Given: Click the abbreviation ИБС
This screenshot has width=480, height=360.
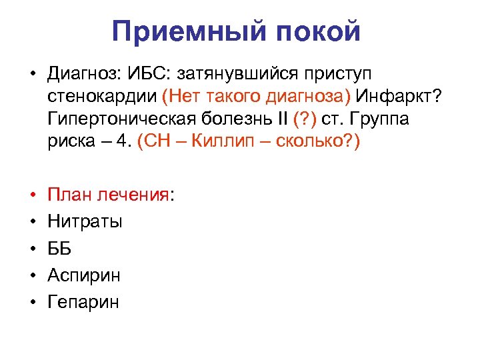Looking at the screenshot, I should (151, 72).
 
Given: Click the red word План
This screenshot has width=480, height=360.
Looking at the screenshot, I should (67, 195).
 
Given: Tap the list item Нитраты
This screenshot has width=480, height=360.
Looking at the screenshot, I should (85, 221).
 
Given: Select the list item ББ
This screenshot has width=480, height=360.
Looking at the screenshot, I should (59, 249).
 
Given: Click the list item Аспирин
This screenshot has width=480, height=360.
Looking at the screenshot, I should (84, 275).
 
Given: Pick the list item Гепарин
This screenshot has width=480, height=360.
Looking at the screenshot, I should (83, 302).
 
